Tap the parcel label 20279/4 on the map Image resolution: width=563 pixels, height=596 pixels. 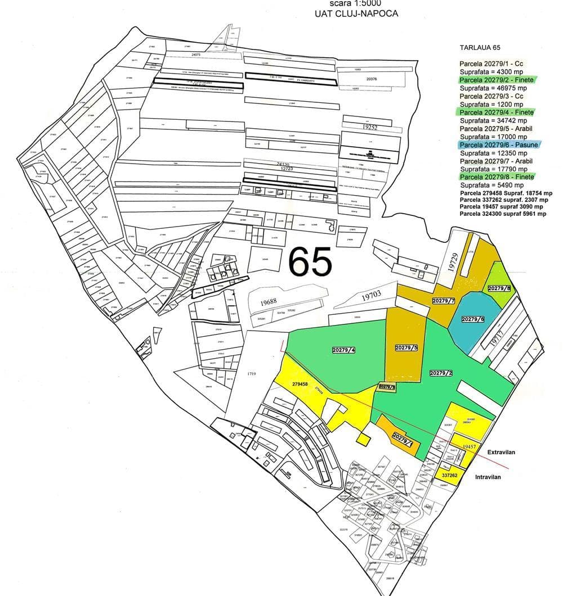343,350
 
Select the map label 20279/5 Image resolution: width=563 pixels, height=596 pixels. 406,348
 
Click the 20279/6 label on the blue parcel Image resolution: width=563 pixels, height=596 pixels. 473,319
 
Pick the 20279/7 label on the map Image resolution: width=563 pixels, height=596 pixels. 443,301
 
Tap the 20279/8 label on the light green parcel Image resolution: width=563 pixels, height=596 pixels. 499,288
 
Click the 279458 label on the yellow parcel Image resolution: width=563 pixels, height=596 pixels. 300,385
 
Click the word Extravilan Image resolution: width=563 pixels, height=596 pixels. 502,452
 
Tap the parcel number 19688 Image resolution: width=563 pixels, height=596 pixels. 268,302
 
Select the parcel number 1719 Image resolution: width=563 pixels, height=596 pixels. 251,373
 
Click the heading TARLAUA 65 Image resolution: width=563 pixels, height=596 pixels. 480,48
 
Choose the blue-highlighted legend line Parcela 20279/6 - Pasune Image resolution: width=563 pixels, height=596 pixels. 499,145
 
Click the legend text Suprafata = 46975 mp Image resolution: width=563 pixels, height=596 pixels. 493,88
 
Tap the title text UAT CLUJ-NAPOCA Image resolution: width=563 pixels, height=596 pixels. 356,13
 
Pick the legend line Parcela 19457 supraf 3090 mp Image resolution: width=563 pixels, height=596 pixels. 502,207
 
